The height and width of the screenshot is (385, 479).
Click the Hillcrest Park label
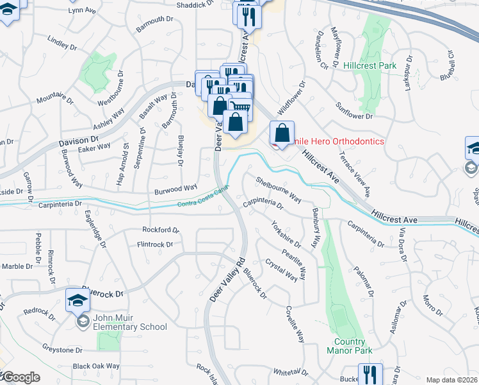click(x=369, y=65)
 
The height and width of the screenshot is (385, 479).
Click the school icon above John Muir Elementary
click(x=77, y=299)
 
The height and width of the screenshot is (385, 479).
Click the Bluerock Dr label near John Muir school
click(x=102, y=291)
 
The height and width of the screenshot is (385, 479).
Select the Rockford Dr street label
click(x=157, y=230)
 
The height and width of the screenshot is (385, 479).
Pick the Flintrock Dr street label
click(x=155, y=244)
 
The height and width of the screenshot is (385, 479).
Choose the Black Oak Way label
click(x=96, y=366)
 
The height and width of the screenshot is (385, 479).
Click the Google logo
click(x=20, y=377)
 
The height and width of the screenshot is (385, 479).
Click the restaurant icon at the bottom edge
click(x=370, y=373)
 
